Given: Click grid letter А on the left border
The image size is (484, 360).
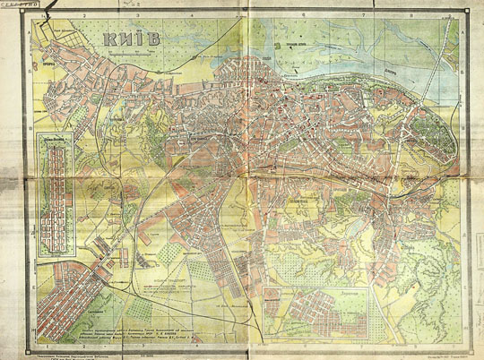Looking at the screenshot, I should [32, 31].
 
